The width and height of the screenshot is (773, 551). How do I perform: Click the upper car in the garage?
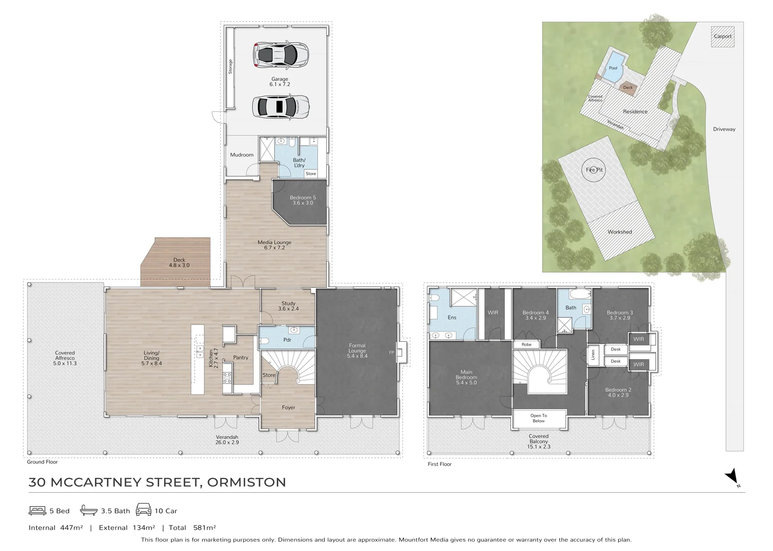pos(280,55)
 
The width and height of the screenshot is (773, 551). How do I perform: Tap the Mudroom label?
pos(242,155)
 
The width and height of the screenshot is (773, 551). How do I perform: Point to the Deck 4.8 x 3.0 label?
pos(179,262)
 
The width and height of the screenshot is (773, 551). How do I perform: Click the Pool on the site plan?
pos(612,69)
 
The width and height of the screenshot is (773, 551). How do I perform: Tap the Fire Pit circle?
pos(594,170)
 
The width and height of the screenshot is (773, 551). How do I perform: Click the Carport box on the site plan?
pos(723,36)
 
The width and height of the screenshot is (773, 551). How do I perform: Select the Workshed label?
pos(620,232)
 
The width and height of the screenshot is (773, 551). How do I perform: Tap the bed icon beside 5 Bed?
pos(37,511)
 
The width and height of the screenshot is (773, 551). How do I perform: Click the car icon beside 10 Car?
pos(143,510)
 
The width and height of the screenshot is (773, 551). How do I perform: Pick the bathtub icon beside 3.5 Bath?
pos(89,510)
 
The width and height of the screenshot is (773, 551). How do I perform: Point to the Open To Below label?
pos(538,418)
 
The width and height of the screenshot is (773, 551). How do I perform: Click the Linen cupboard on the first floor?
pos(593,355)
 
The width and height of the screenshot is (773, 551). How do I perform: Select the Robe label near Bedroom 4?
pos(526,344)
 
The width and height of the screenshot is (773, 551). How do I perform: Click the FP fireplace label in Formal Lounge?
pos(391,353)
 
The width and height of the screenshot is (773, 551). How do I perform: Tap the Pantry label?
pos(241,358)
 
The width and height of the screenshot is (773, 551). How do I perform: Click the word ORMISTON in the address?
pos(246,482)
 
